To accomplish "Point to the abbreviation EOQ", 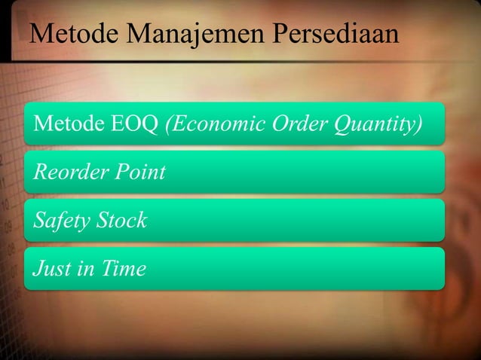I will (x=135, y=124).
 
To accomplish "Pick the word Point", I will (x=140, y=172).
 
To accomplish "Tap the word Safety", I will (x=57, y=221).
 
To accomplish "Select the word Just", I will (x=47, y=269).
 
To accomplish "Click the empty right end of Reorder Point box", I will (x=362, y=172).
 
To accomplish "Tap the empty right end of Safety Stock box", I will (x=362, y=221).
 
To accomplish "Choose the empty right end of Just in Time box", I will (x=362, y=269).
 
